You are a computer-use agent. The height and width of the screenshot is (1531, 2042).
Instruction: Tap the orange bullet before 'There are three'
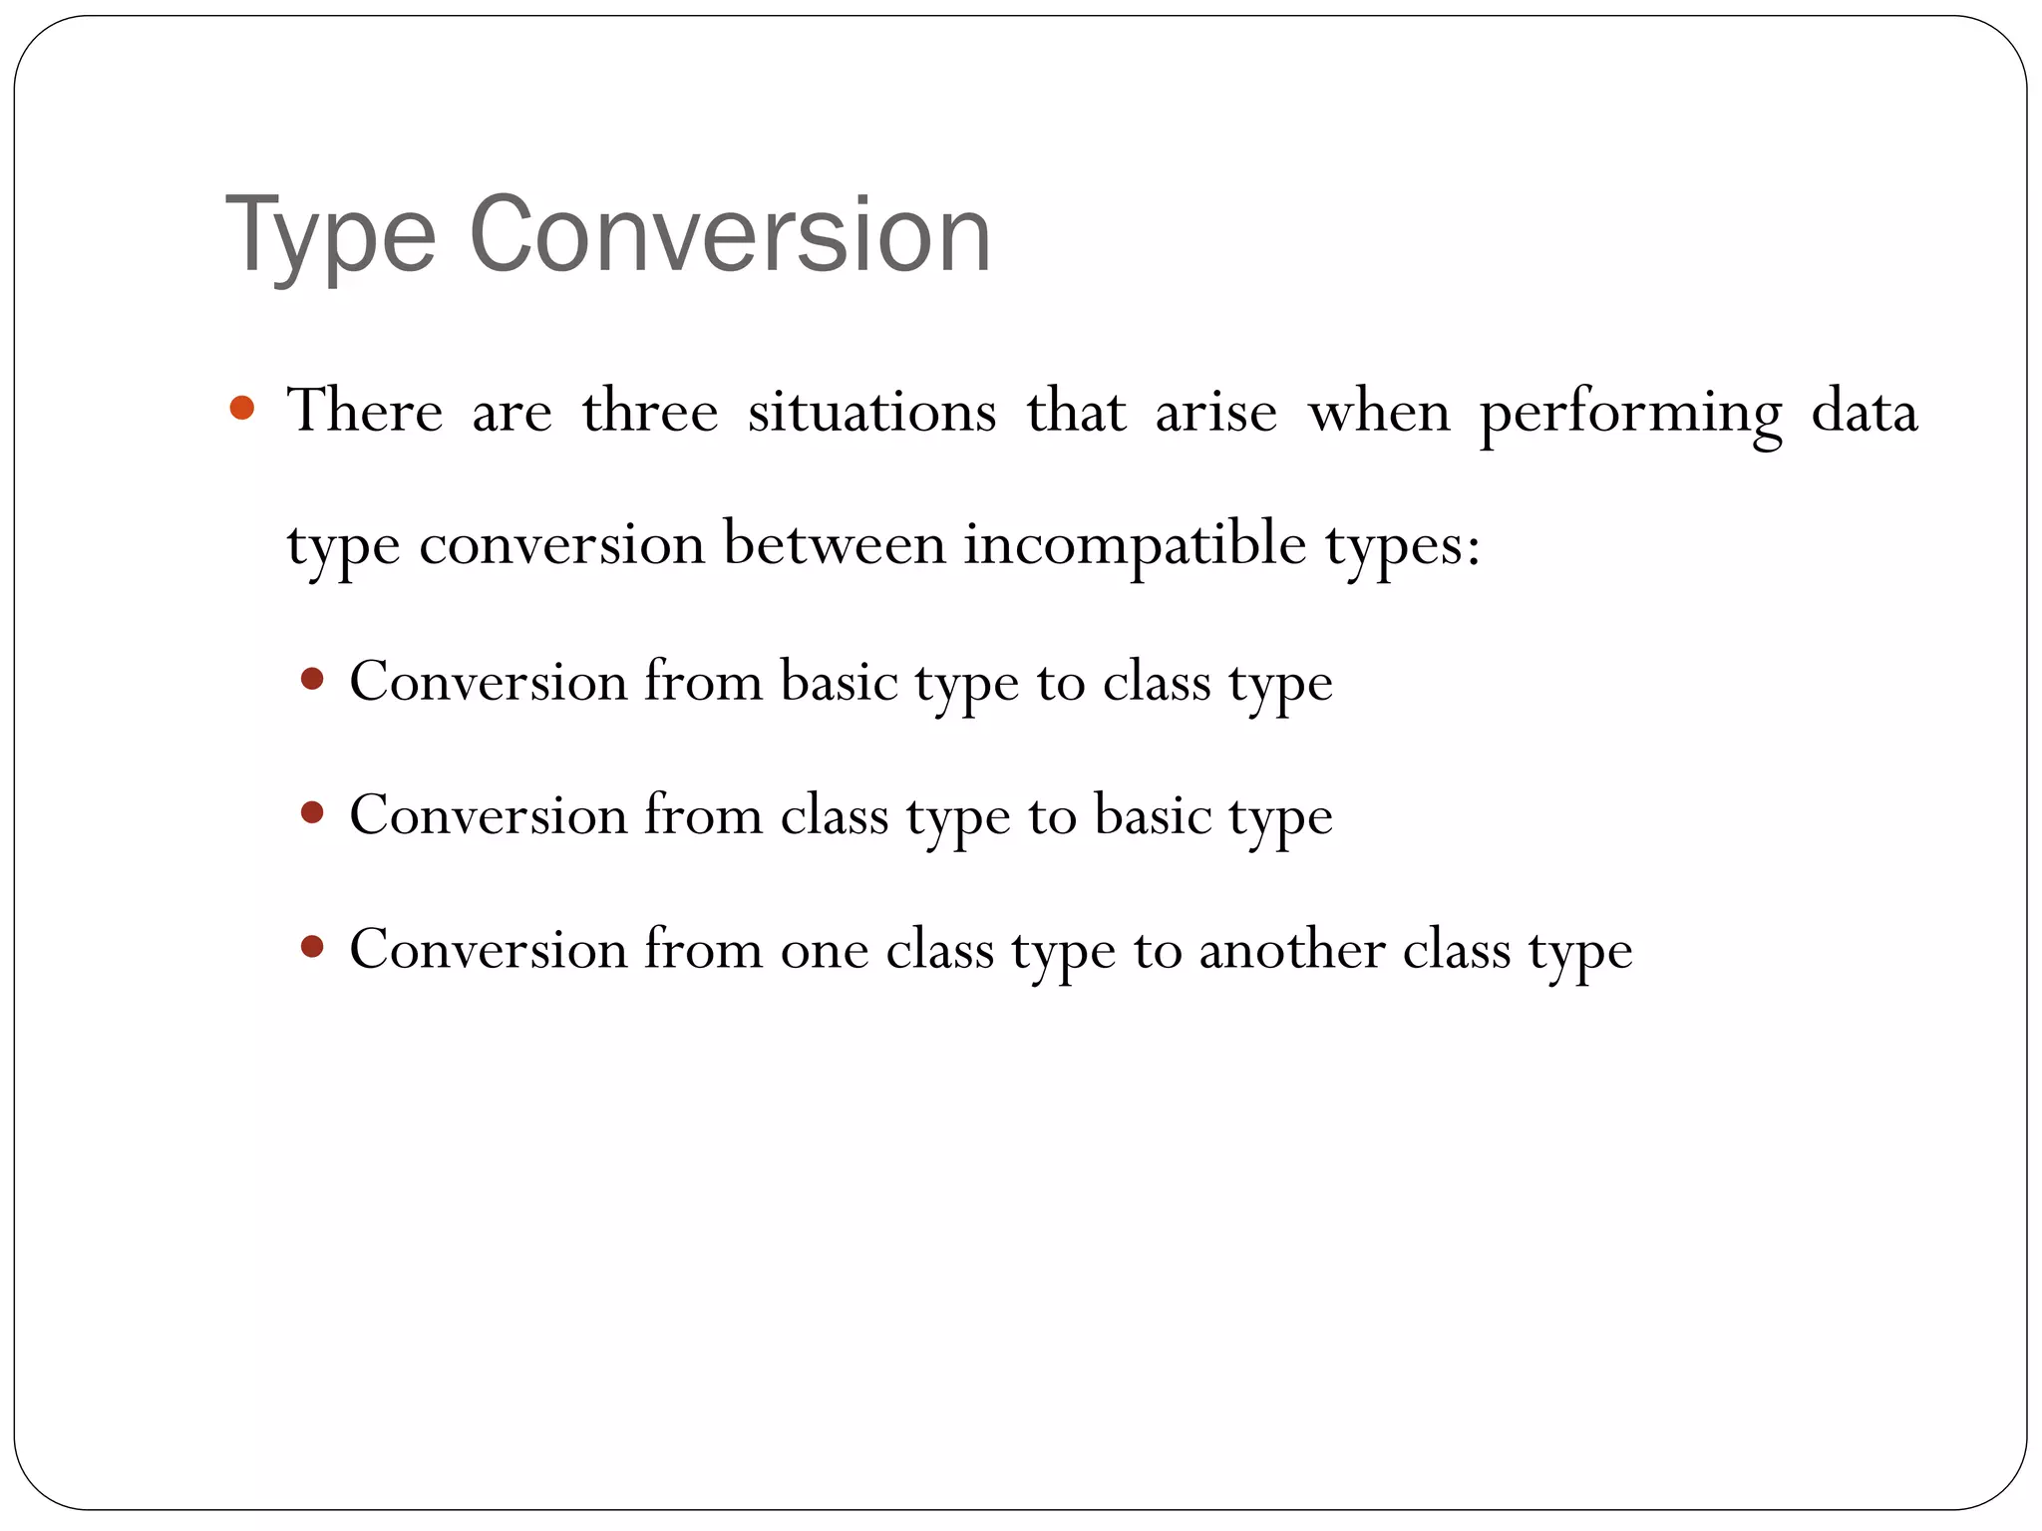point(242,408)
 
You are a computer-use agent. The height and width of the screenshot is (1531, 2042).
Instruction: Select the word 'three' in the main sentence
point(650,411)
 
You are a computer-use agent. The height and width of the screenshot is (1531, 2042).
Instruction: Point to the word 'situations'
point(871,411)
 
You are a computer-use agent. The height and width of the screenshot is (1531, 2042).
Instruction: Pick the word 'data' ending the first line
point(1865,411)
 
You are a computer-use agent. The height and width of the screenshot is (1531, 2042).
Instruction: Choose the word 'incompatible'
point(1135,545)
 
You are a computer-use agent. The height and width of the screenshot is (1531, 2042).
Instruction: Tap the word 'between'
point(835,544)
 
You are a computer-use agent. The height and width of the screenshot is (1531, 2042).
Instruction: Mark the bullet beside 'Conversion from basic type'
point(312,680)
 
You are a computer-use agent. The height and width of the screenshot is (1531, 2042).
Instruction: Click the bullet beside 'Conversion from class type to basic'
point(312,813)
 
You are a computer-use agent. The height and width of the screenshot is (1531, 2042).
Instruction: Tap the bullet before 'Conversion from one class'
point(312,946)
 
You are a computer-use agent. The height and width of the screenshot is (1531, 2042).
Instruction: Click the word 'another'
point(1292,949)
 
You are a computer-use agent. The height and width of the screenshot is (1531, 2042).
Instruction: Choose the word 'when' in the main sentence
point(1379,411)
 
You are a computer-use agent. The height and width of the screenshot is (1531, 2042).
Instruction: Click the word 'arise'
point(1216,411)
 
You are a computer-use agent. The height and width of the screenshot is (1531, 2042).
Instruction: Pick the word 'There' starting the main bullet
point(365,411)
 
